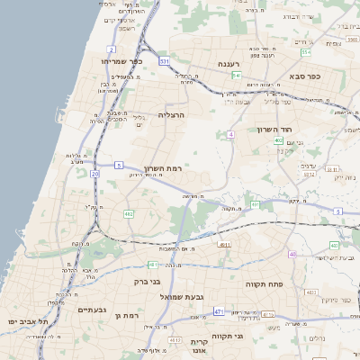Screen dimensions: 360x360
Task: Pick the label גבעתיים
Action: (92, 310)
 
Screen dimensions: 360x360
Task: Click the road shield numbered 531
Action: (165, 61)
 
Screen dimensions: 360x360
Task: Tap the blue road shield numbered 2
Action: (111, 48)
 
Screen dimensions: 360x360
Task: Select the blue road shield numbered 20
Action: (95, 173)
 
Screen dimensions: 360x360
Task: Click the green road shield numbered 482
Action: (129, 214)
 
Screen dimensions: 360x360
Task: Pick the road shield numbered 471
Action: (219, 311)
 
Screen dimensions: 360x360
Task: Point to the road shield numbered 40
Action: (292, 254)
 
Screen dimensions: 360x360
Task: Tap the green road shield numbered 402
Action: (279, 140)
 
